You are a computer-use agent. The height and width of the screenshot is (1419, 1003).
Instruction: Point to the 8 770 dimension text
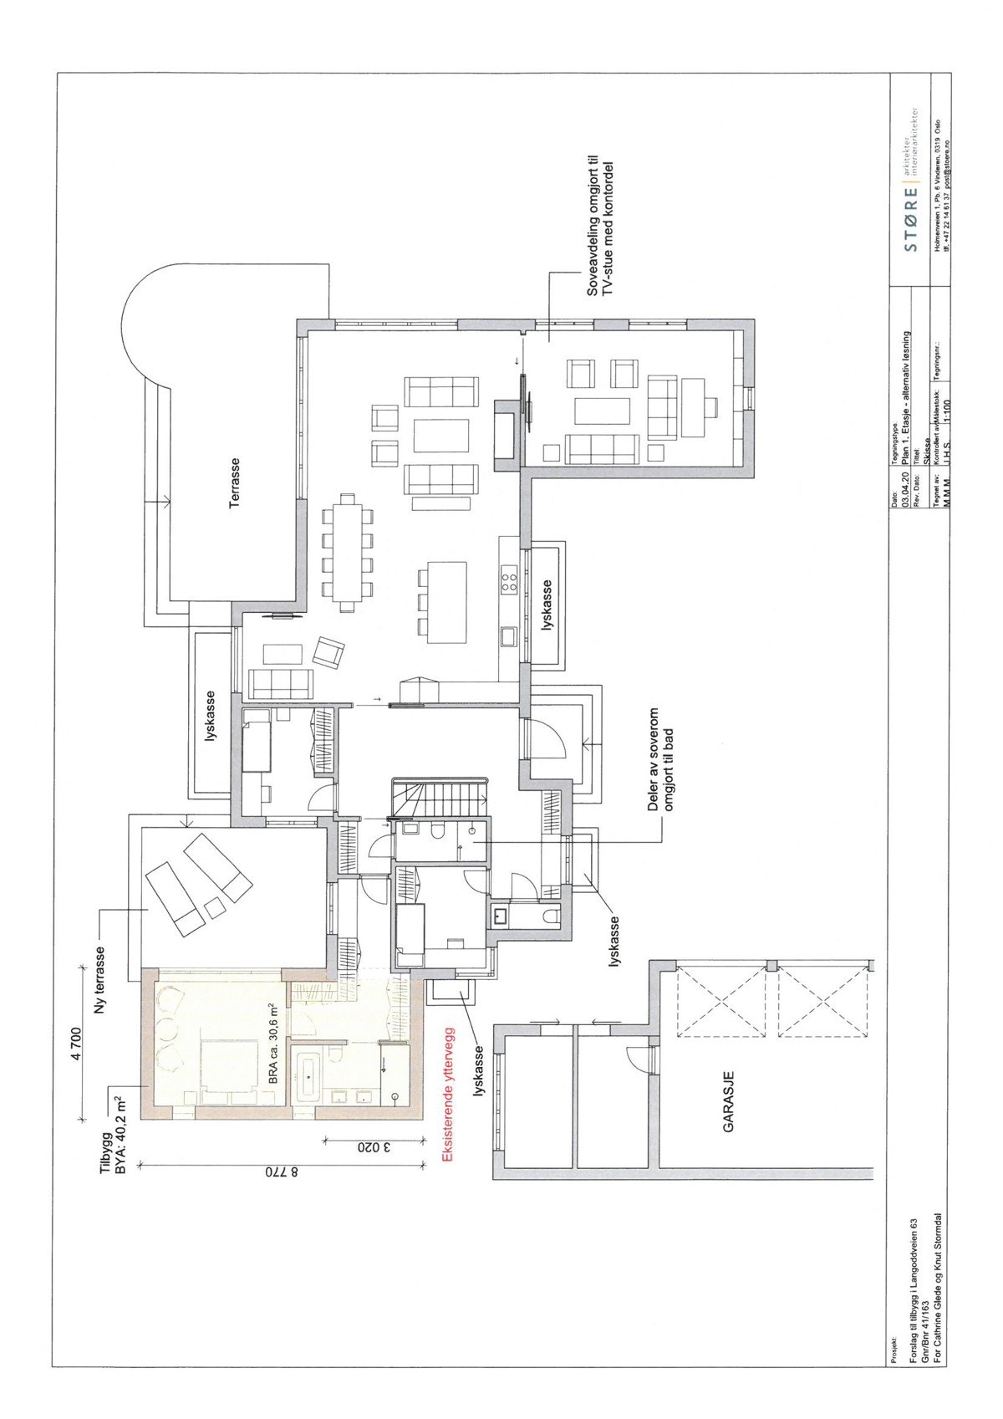(282, 1172)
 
